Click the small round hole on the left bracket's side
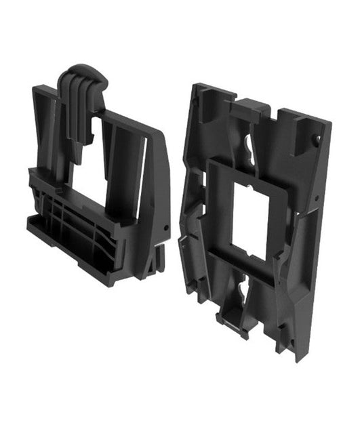(x=164, y=223)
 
